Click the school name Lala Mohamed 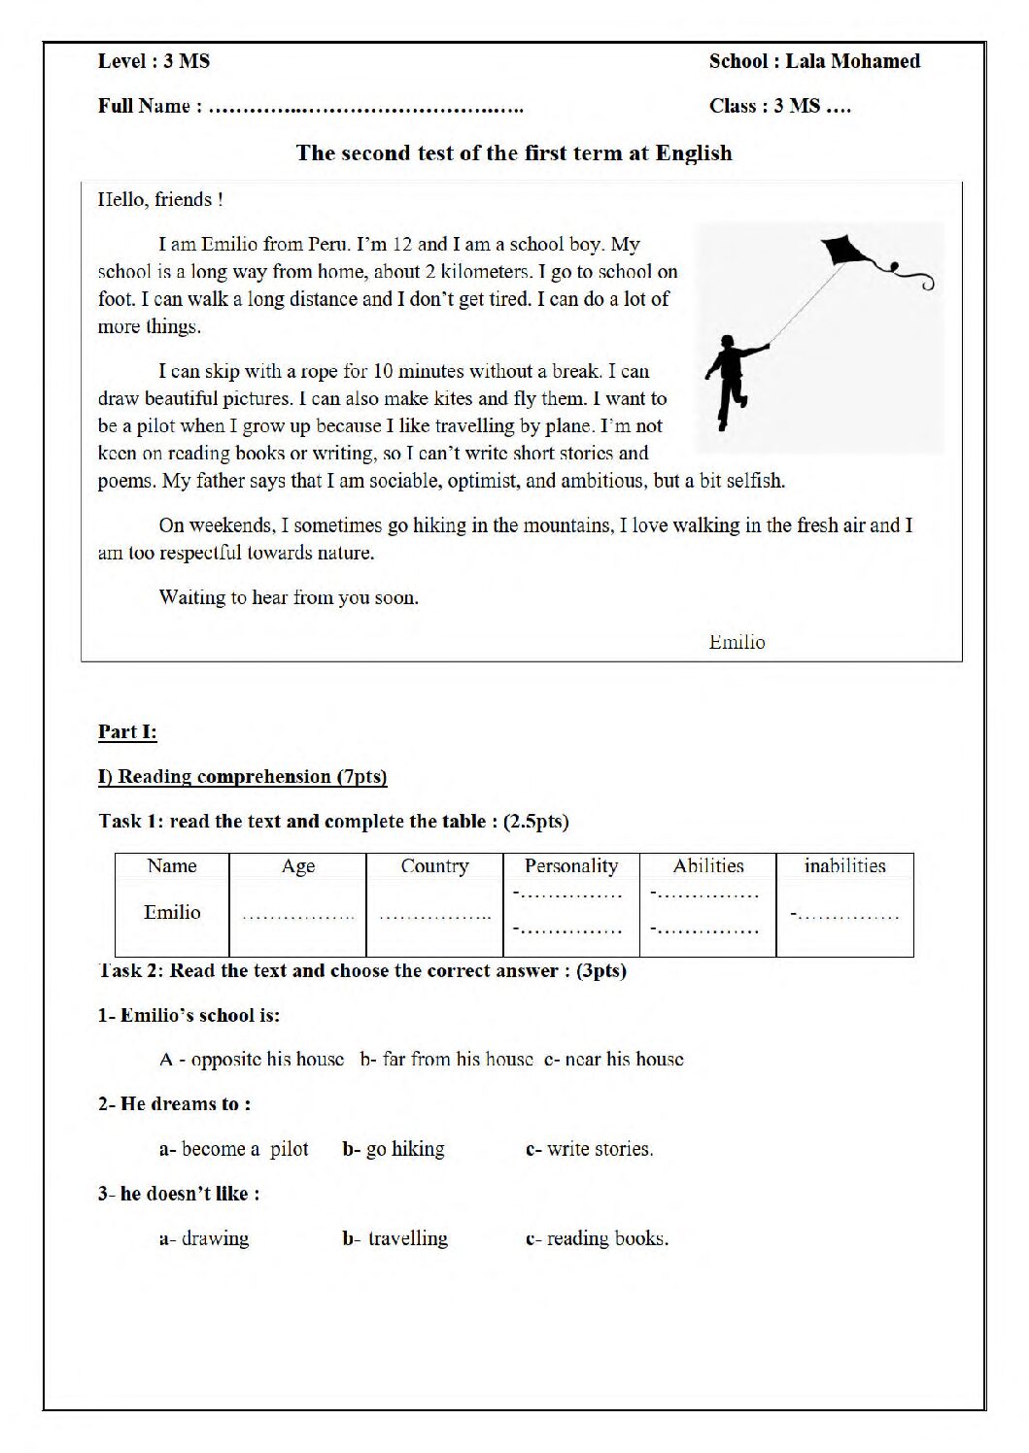pyautogui.click(x=852, y=61)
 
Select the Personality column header pyautogui.click(x=570, y=865)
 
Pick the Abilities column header pyautogui.click(x=708, y=865)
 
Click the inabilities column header pyautogui.click(x=844, y=865)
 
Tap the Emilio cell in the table pyautogui.click(x=172, y=912)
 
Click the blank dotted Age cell pyautogui.click(x=298, y=914)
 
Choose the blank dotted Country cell pyautogui.click(x=434, y=914)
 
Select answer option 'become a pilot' pyautogui.click(x=234, y=1149)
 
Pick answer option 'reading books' pyautogui.click(x=598, y=1238)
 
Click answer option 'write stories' pyautogui.click(x=591, y=1149)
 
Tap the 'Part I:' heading pyautogui.click(x=127, y=732)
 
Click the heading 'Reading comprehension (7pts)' pyautogui.click(x=243, y=776)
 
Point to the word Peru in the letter pyautogui.click(x=327, y=245)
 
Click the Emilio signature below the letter pyautogui.click(x=737, y=642)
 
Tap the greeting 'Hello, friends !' pyautogui.click(x=160, y=200)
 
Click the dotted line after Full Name pyautogui.click(x=366, y=108)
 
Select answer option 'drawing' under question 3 pyautogui.click(x=205, y=1238)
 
